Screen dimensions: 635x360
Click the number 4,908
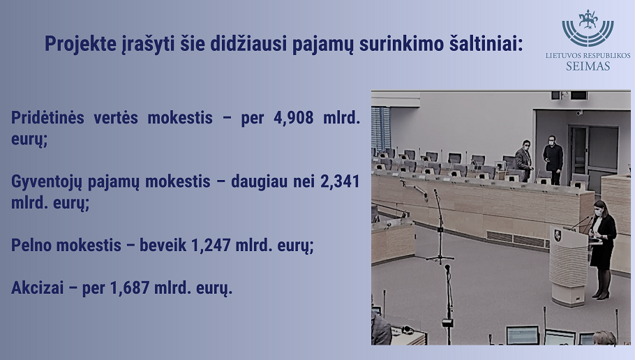294,118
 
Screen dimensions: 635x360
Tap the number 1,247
211,245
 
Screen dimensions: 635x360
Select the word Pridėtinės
47,118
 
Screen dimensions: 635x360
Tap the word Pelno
31,245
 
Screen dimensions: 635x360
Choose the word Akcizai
38,288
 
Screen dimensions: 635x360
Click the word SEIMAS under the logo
588,66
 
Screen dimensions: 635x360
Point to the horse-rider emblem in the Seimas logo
588,20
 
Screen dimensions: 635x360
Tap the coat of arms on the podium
558,235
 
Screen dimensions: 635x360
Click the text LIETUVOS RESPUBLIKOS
588,56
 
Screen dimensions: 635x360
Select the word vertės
117,118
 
